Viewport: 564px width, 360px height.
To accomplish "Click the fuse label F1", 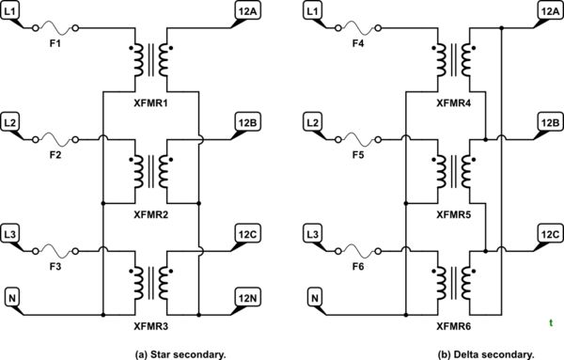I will click(x=56, y=41).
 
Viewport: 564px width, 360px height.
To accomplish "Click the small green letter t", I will click(x=550, y=323).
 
